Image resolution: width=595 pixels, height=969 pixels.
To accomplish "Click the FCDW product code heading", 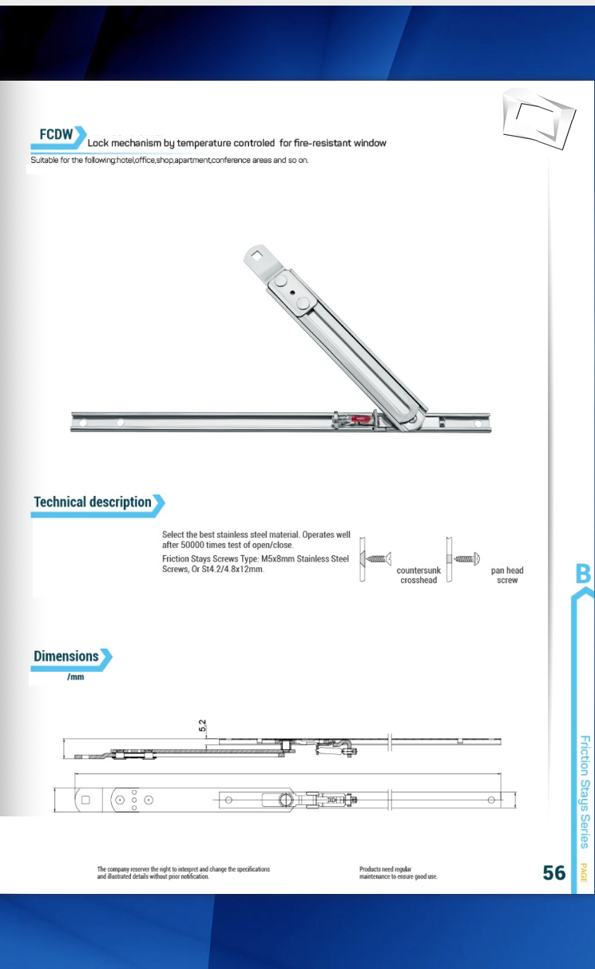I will [56, 134].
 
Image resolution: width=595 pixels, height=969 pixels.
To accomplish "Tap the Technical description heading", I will [93, 502].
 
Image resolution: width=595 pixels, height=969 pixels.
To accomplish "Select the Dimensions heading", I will [66, 657].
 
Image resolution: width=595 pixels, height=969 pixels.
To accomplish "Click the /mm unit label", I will [76, 677].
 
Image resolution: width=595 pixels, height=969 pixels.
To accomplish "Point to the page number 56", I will [553, 873].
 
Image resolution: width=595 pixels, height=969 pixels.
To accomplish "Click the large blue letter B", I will [583, 574].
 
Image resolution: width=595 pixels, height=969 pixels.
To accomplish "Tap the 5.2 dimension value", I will [203, 726].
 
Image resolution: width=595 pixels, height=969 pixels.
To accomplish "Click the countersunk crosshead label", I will [418, 575].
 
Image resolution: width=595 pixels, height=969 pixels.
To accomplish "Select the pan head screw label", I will [507, 575].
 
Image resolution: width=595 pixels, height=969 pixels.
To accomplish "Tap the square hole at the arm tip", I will [257, 256].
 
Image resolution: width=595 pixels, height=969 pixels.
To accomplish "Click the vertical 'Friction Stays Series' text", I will [585, 791].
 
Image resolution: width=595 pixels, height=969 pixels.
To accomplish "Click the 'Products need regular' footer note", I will [386, 868].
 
